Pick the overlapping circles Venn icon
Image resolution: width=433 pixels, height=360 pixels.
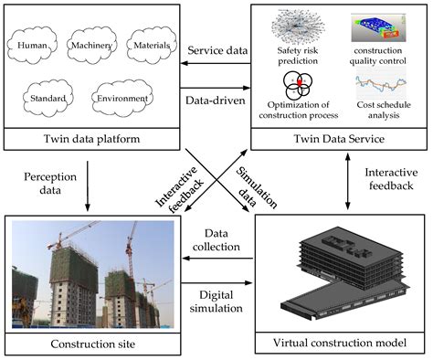[x=302, y=87]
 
